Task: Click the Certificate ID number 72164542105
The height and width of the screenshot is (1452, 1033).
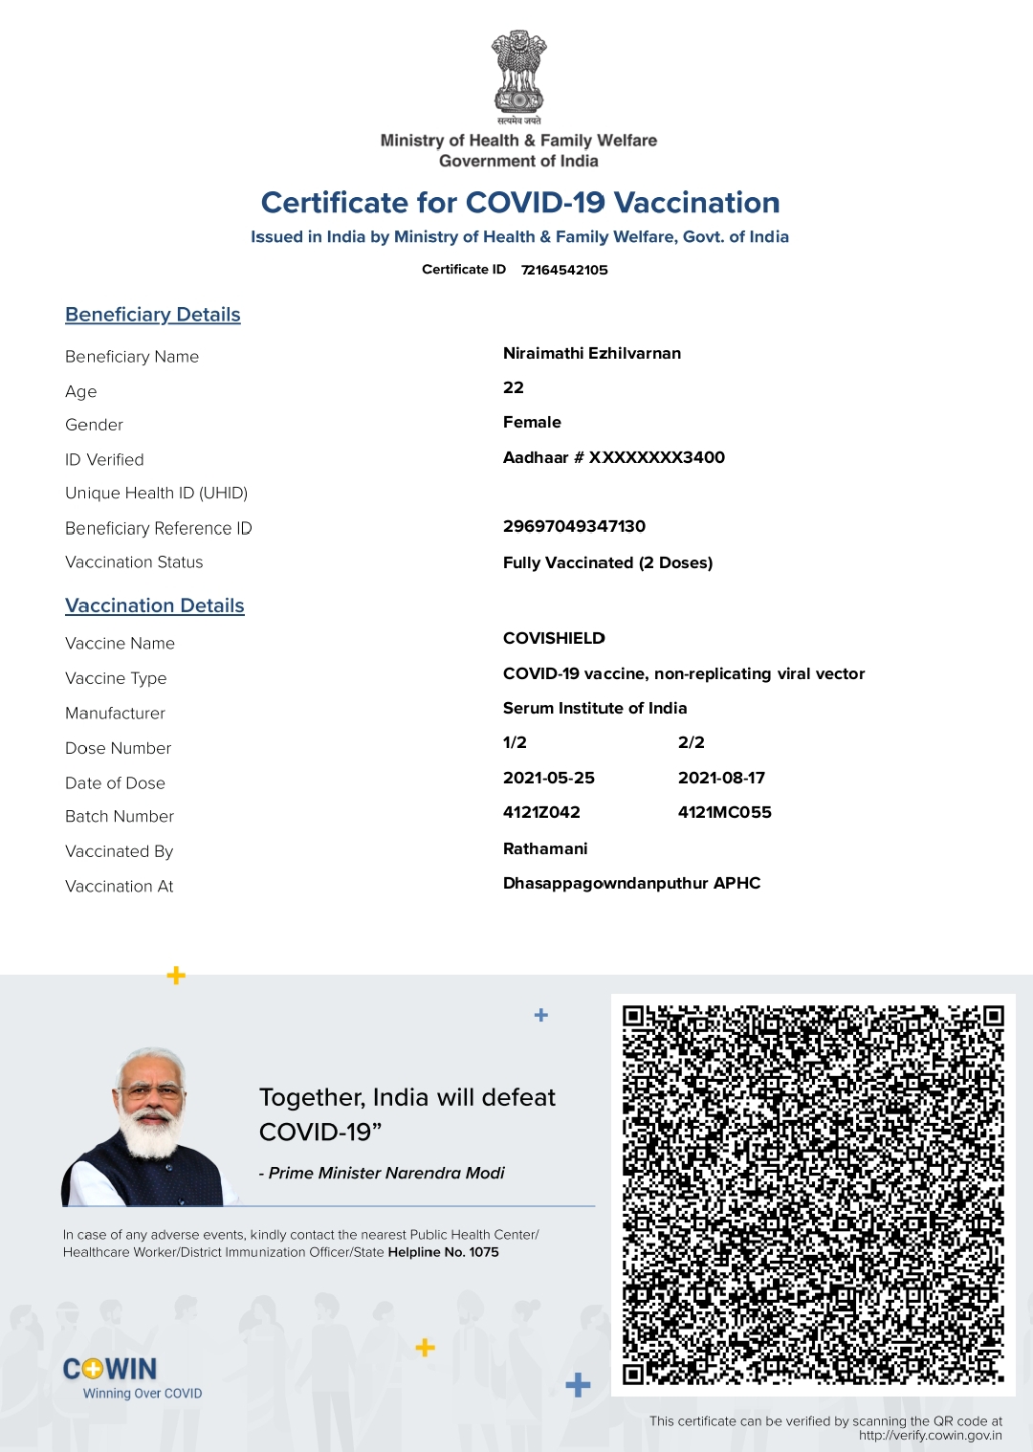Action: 564,270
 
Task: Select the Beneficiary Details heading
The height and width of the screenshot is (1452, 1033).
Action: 153,315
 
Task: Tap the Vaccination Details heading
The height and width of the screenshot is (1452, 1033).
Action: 155,605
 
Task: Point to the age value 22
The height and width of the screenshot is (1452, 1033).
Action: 514,387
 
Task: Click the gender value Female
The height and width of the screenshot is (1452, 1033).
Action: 532,422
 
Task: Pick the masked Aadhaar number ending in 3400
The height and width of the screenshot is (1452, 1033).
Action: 614,457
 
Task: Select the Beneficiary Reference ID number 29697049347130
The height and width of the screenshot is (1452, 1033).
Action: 574,526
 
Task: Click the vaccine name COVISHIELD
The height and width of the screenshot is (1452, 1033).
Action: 554,638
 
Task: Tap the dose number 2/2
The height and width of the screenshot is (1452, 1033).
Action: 691,742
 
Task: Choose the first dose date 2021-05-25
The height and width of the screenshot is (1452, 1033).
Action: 549,778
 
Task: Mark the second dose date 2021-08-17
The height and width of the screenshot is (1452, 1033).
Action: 721,778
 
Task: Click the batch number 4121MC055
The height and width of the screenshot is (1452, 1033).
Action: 724,812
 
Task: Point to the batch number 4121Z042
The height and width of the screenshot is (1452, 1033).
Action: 541,812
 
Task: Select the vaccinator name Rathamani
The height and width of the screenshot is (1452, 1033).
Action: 545,848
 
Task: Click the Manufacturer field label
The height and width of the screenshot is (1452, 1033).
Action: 115,714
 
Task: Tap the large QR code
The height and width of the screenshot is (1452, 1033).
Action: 813,1194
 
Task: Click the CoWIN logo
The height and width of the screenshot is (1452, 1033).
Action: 111,1370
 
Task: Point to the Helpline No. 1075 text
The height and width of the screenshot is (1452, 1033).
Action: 443,1252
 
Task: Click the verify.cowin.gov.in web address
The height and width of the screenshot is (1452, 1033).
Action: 930,1435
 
